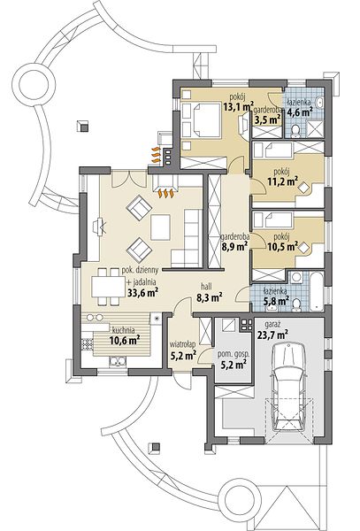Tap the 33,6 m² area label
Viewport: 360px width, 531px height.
[143, 293]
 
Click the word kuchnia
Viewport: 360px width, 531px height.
[123, 330]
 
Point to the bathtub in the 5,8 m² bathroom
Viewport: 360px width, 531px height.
[317, 292]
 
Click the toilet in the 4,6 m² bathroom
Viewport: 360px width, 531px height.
[295, 131]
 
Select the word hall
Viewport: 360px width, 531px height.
[206, 287]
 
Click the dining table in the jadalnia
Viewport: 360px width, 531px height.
[108, 287]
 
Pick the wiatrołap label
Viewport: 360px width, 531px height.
[183, 344]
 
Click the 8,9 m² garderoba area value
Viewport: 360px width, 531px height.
[234, 247]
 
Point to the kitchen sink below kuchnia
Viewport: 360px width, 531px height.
[118, 362]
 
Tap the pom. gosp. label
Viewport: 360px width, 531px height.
[234, 355]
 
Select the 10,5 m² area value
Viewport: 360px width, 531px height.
[282, 247]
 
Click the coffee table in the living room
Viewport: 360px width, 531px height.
[160, 227]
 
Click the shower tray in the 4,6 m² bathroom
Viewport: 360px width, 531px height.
[313, 129]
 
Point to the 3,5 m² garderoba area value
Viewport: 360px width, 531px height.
[267, 119]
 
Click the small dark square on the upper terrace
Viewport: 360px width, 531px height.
[82, 126]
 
